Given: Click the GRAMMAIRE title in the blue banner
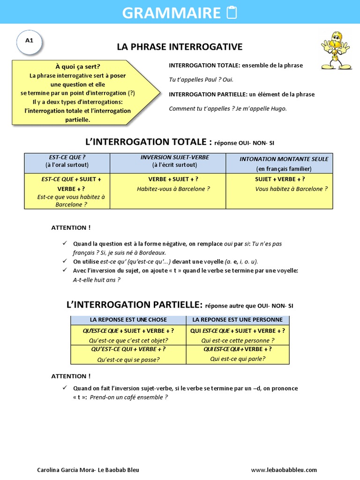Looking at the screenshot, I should pos(171,13).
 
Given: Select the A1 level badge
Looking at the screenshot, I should pos(30,40).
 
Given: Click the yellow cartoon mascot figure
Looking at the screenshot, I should pos(336,51).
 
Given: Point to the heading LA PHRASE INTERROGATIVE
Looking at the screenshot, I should pos(180,47).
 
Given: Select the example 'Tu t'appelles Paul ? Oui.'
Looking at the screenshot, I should pos(201,80).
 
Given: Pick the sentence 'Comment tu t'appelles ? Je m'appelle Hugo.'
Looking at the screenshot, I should pos(227,109).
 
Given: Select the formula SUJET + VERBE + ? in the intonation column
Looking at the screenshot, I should pos(280,179).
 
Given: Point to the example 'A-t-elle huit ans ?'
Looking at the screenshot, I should pos(97,280).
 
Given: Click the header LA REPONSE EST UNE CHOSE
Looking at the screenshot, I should pos(128,320).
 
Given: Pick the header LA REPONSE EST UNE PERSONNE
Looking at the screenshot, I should pos(238,320).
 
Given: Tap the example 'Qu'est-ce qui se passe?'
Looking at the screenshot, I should pos(128,360).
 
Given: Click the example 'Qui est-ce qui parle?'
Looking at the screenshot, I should pos(238,359).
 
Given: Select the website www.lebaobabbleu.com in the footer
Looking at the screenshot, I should pos(284,470).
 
